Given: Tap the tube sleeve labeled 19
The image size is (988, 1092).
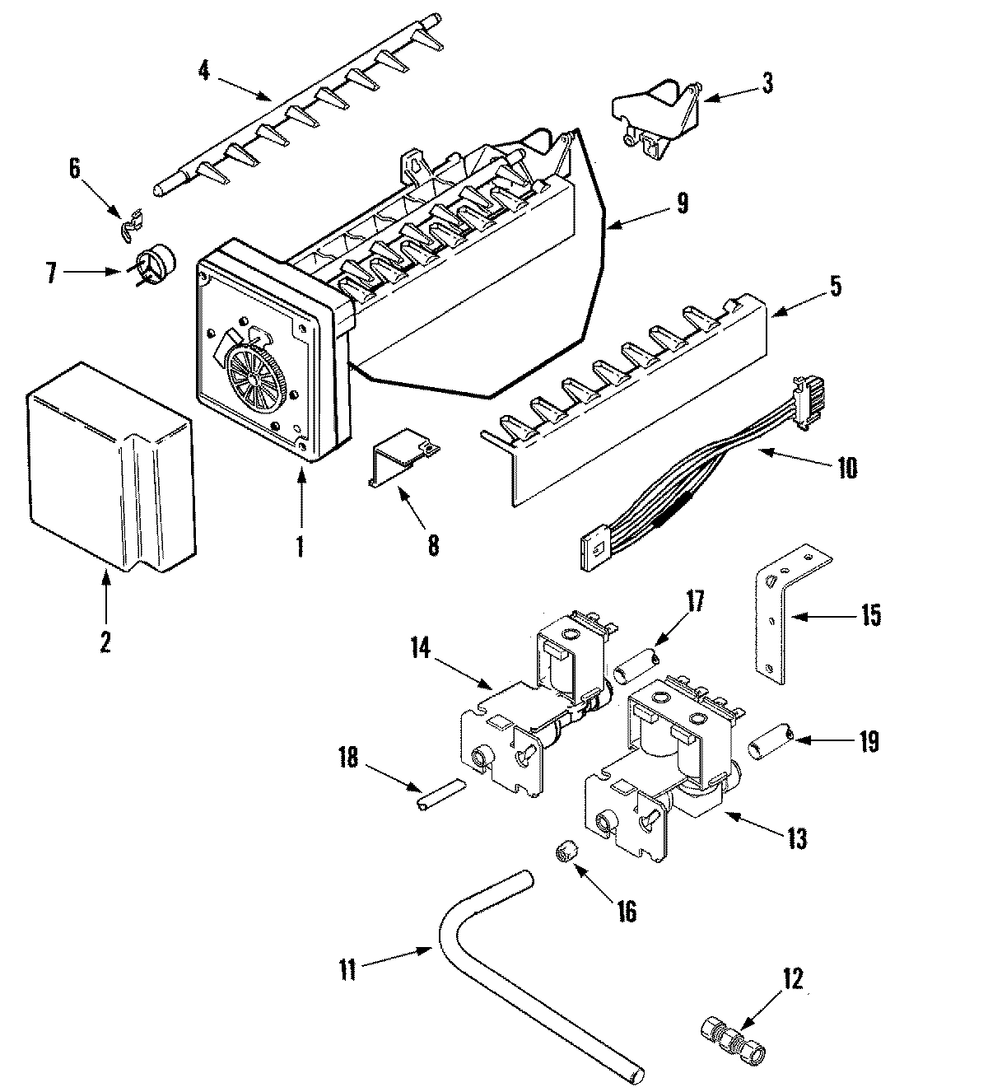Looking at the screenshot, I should tap(770, 740).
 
